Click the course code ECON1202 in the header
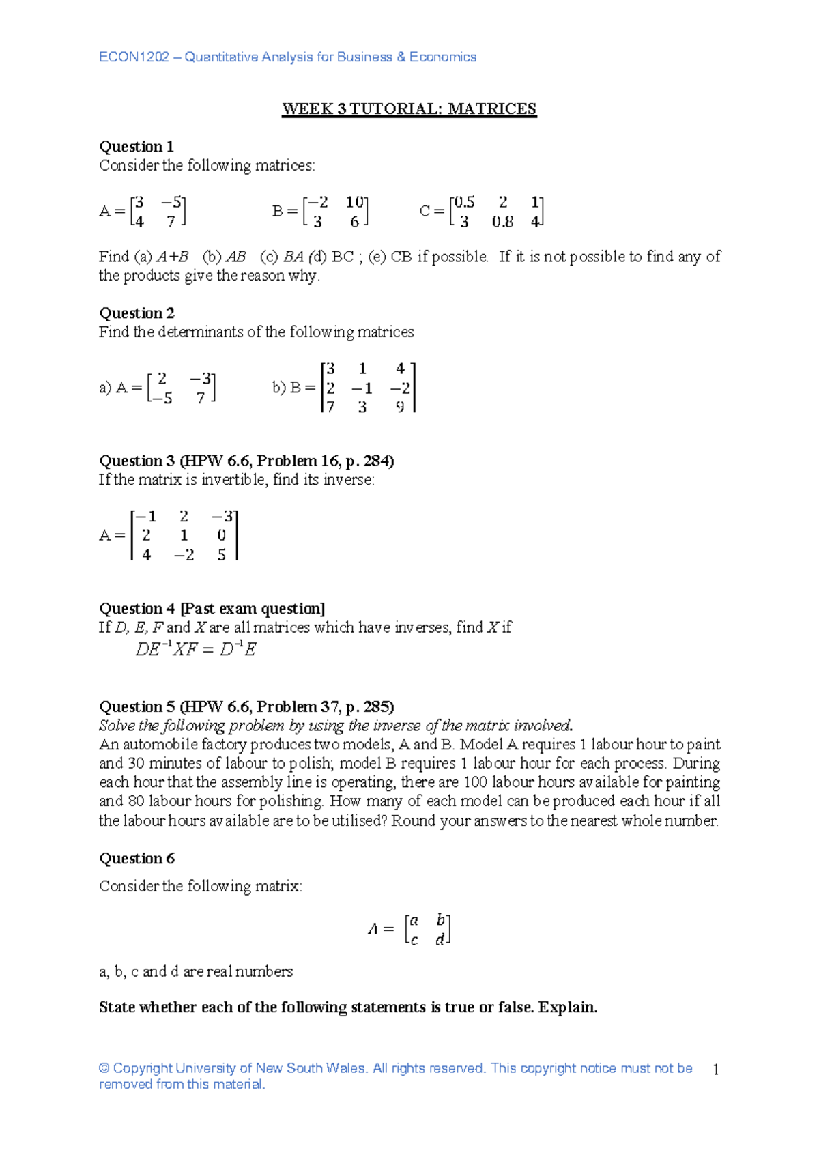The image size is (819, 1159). coord(134,57)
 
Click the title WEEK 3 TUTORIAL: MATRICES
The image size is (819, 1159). coord(409,109)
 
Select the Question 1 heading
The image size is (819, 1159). coord(136,147)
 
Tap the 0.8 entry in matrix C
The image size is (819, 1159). coord(502,222)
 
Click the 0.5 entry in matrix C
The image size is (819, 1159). coord(464,202)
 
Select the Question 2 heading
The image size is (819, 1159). coord(136,313)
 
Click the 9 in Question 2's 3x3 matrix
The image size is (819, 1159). coord(400,407)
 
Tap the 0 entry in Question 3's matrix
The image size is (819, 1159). coord(221,536)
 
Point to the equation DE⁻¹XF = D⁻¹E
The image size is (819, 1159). coord(196,649)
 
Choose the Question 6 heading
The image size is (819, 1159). coord(136,859)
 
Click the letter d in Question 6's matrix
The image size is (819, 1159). coord(440,940)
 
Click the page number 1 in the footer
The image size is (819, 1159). coord(715,1070)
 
